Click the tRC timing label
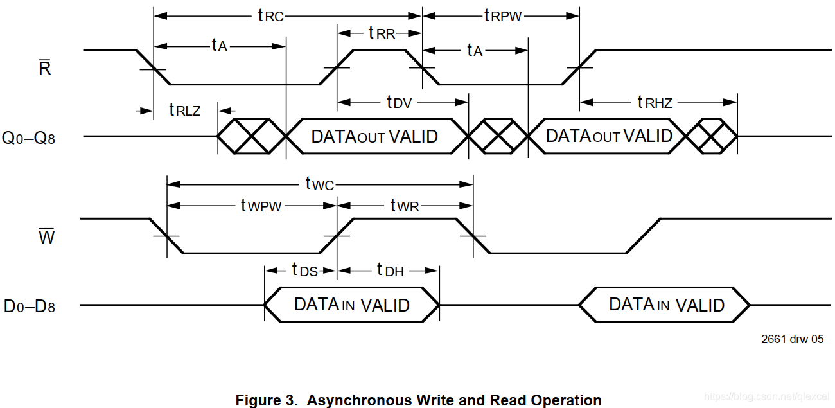click(x=270, y=16)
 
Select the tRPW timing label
click(x=502, y=16)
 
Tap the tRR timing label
click(x=382, y=33)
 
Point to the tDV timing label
click(x=398, y=102)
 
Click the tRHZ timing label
click(x=654, y=102)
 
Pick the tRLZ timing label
click(x=185, y=110)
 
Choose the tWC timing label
click(x=319, y=185)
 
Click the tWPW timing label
click(x=261, y=206)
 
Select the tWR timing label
click(x=405, y=206)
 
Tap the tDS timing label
click(x=304, y=270)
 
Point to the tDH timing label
click(x=390, y=270)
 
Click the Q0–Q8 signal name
click(x=29, y=137)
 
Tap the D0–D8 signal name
click(x=30, y=306)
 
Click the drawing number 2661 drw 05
click(x=792, y=339)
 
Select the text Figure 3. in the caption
click(x=266, y=400)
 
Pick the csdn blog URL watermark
click(x=766, y=397)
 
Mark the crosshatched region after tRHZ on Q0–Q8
click(x=712, y=136)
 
